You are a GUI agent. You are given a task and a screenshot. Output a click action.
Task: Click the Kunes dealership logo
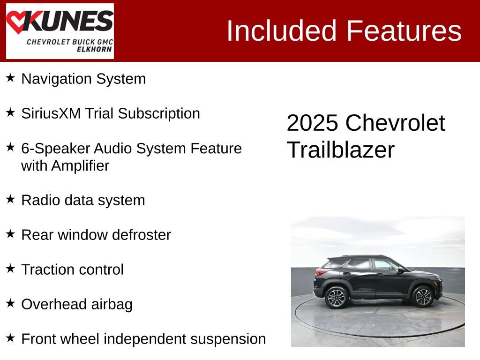click(60, 31)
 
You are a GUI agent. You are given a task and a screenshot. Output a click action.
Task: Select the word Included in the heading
click(282, 31)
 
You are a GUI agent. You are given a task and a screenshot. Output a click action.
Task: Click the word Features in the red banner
click(404, 31)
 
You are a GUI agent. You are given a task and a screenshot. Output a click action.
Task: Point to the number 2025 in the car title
click(312, 123)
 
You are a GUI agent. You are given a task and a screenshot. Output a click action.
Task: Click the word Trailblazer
click(341, 150)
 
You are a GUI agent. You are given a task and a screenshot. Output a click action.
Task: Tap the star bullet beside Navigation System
click(10, 78)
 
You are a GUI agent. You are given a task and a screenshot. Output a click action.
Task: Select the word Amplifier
click(80, 165)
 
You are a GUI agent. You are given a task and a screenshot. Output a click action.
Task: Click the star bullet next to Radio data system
click(10, 199)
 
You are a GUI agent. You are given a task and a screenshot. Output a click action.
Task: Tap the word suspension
click(228, 339)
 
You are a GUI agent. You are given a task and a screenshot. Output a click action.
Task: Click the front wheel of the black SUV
click(423, 296)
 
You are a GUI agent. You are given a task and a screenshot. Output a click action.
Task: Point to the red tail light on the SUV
click(322, 272)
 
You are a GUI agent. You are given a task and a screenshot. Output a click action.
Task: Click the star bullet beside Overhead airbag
click(10, 303)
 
